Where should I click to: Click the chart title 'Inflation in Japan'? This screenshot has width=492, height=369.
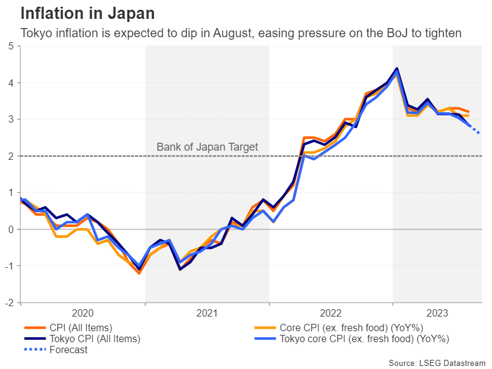(87, 13)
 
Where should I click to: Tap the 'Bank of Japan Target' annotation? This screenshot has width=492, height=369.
(208, 146)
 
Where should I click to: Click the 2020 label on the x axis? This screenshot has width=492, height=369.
(83, 313)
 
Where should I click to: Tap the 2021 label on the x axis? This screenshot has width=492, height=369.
(207, 313)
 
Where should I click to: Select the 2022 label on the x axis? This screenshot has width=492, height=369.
(330, 313)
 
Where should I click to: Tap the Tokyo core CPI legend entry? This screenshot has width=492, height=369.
(363, 339)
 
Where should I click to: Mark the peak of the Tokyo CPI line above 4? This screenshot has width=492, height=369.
(397, 68)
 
